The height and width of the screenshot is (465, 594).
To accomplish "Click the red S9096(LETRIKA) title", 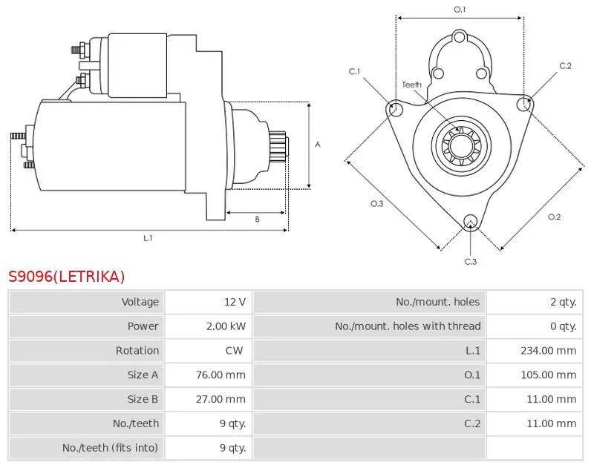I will [x=67, y=277].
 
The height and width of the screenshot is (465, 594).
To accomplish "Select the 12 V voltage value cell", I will [x=235, y=302].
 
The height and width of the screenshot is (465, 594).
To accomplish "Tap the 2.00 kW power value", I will [x=226, y=326].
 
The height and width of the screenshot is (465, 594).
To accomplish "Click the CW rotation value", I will [x=233, y=351].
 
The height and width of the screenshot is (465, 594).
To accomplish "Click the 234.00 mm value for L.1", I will [x=548, y=351].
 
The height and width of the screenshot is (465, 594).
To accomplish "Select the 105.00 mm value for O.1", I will [x=548, y=375].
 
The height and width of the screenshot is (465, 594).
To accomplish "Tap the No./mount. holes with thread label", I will [x=408, y=326].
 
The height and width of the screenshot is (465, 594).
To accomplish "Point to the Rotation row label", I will [x=137, y=351].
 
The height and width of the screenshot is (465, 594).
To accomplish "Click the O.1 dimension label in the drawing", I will [x=460, y=10].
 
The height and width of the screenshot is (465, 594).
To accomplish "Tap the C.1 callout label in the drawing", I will [x=354, y=71].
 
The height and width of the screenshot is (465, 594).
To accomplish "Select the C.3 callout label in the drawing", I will [x=470, y=261].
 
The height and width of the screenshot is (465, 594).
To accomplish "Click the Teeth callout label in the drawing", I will [x=411, y=85].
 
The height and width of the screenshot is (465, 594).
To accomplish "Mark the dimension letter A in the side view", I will [x=317, y=145].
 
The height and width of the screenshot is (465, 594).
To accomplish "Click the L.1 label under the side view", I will [x=148, y=238].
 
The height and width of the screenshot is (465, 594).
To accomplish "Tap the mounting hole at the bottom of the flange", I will [x=470, y=222].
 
